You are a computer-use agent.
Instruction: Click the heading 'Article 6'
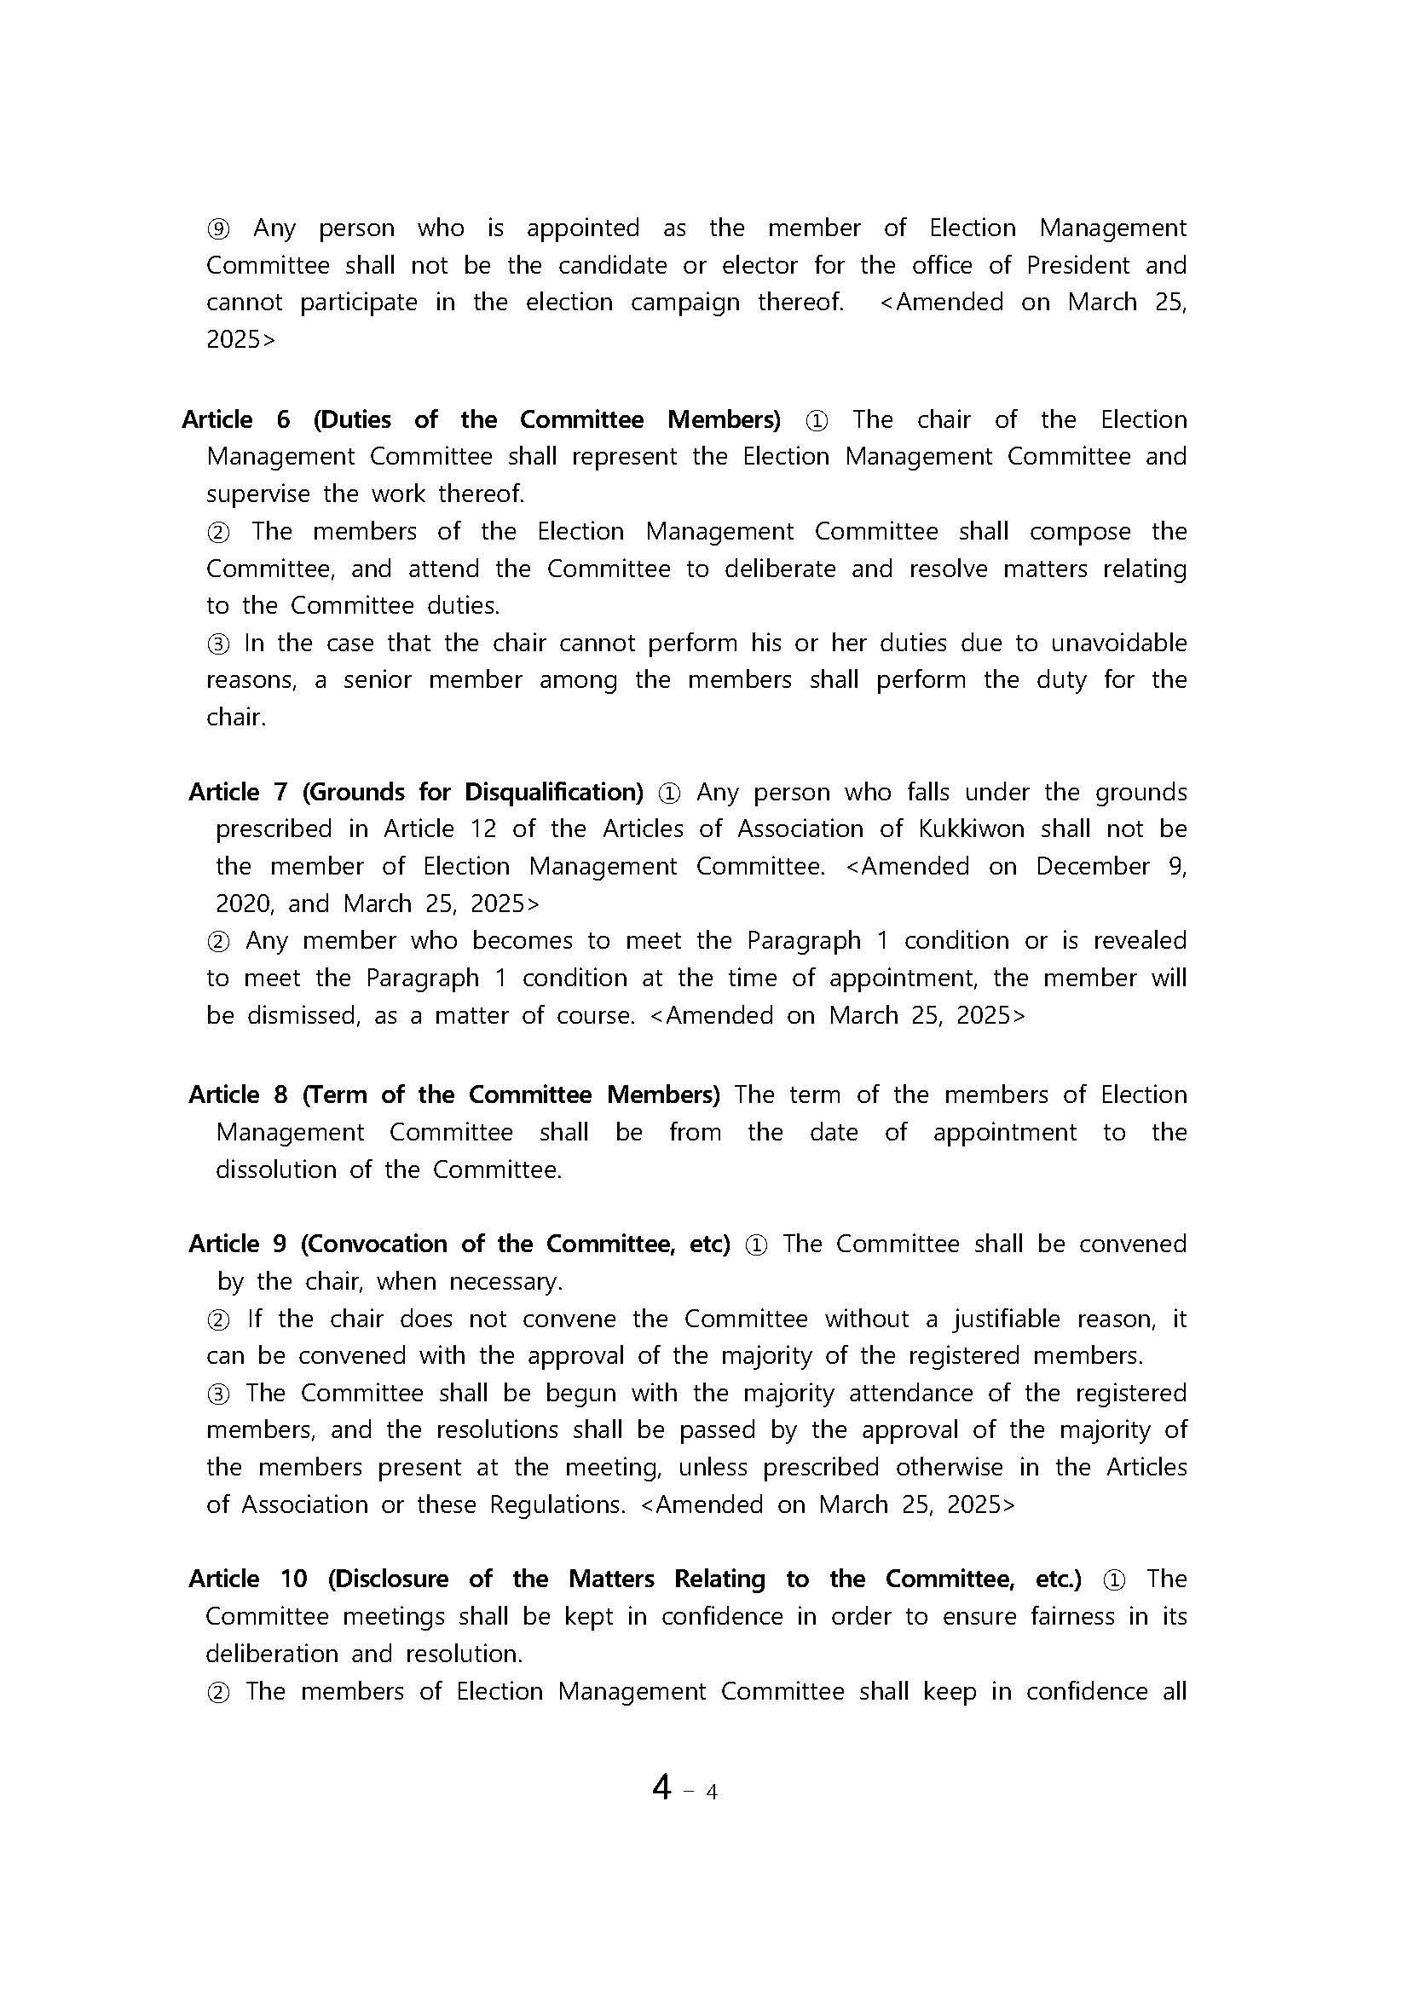[235, 420]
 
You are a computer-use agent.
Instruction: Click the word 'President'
[1077, 265]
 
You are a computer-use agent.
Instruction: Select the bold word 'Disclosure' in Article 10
[388, 1579]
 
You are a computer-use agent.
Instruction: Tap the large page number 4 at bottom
[662, 1787]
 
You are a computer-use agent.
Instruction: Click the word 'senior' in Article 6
[378, 680]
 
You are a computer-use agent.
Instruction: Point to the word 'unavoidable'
[1118, 643]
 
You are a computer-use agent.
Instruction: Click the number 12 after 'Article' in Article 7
[483, 829]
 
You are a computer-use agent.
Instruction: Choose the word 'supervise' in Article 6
[257, 494]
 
